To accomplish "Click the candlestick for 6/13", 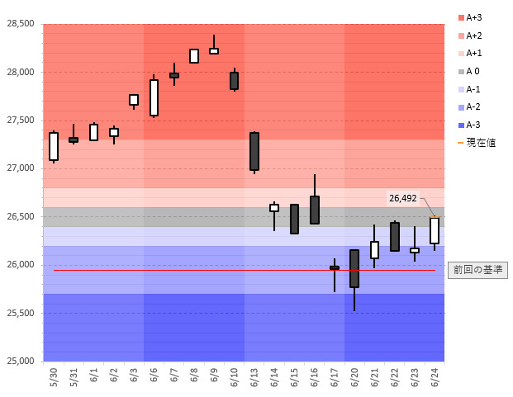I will click(254, 151).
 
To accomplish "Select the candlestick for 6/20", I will click(354, 268).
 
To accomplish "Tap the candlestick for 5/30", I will click(54, 146).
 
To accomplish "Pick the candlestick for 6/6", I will click(154, 97).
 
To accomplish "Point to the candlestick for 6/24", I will click(435, 230).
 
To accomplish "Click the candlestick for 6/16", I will click(315, 210).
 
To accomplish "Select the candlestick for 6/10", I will click(234, 80).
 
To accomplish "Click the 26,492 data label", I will click(404, 198).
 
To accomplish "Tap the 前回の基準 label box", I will click(477, 270).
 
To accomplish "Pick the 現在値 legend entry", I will click(479, 143).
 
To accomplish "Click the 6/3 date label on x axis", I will click(134, 379).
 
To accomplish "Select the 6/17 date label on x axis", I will click(335, 379).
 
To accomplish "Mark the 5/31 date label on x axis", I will click(74, 379).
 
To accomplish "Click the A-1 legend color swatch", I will click(460, 89).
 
